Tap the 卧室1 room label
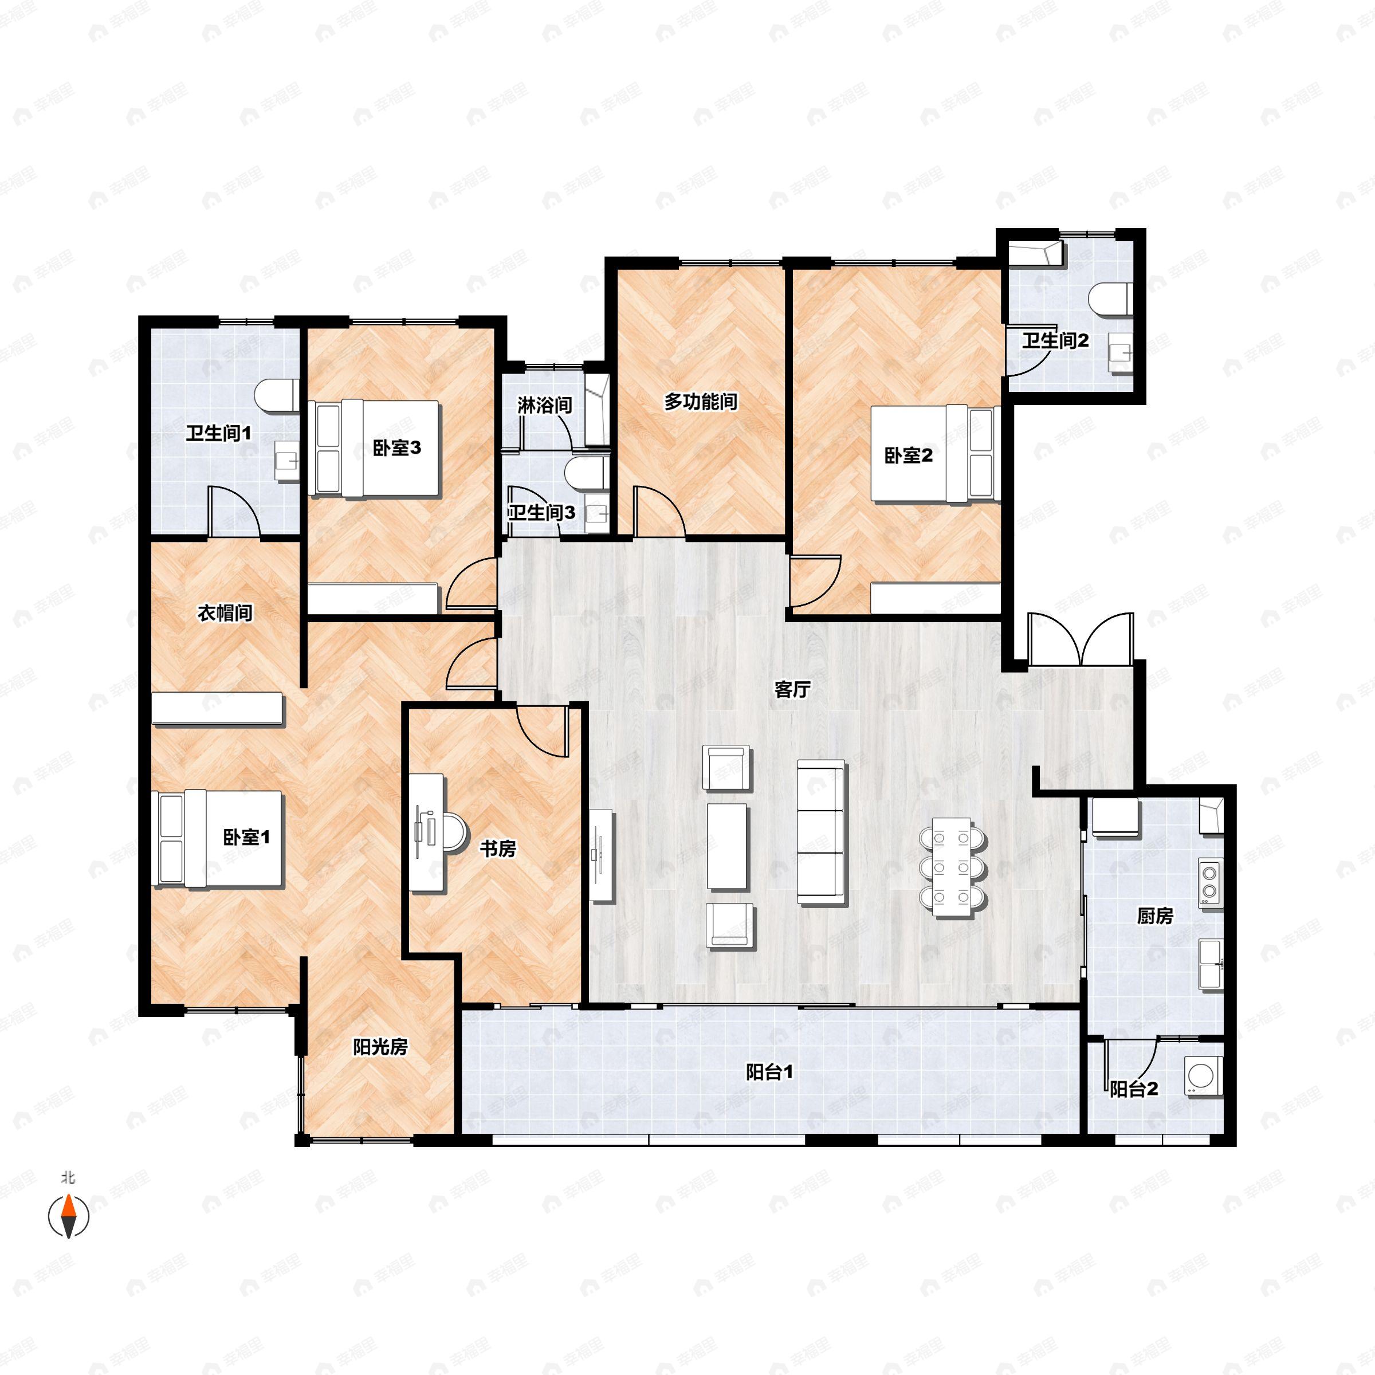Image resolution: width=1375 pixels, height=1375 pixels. [246, 837]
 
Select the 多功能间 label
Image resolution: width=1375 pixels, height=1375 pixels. [700, 402]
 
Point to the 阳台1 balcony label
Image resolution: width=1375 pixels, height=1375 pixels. [769, 1072]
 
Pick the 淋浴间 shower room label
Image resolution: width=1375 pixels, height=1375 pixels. [544, 406]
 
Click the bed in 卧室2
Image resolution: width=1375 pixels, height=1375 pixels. [934, 454]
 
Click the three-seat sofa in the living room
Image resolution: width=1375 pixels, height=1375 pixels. [822, 832]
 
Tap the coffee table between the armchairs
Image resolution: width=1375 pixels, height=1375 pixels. [726, 846]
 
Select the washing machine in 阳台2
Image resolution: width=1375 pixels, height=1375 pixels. [1204, 1075]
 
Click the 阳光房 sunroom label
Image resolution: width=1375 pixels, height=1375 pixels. [380, 1047]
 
